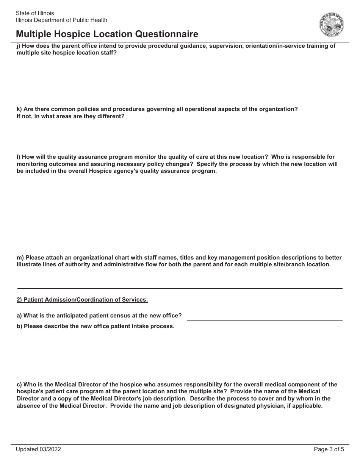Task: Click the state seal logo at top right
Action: (x=332, y=25)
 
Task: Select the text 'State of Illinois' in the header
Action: (x=35, y=13)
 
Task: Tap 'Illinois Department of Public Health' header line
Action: (x=61, y=20)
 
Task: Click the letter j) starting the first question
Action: (x=19, y=46)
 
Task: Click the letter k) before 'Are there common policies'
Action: (x=19, y=109)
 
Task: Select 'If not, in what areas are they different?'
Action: (x=70, y=116)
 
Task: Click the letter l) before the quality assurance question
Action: (x=19, y=157)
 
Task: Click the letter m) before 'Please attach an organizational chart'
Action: (x=20, y=258)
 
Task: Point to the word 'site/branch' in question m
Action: (x=291, y=264)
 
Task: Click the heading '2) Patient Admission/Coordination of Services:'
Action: (x=82, y=300)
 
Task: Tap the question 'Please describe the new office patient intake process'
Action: (x=99, y=326)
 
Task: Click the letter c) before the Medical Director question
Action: (x=19, y=385)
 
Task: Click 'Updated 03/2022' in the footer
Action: (x=38, y=450)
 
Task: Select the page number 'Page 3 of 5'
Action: (x=329, y=450)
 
